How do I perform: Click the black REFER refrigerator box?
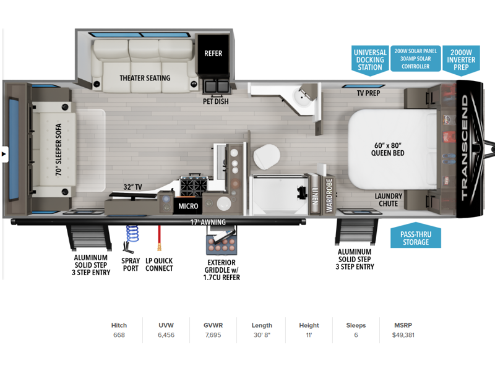(x=213, y=53)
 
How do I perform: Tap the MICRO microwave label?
(x=188, y=207)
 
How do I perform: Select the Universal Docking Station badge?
(x=370, y=60)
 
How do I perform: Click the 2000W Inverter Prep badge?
(x=461, y=60)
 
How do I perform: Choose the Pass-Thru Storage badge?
(x=416, y=236)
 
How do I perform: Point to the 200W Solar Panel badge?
(x=415, y=59)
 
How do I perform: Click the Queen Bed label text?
(x=388, y=149)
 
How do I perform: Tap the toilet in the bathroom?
(x=267, y=157)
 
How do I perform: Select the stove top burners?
(x=194, y=186)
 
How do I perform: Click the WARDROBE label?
(x=329, y=195)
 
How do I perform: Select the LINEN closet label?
(x=315, y=196)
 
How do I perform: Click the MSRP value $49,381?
(x=403, y=335)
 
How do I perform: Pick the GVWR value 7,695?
(x=213, y=335)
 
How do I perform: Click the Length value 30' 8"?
(x=262, y=335)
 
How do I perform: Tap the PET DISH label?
(x=215, y=101)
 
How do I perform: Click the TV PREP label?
(x=368, y=93)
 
